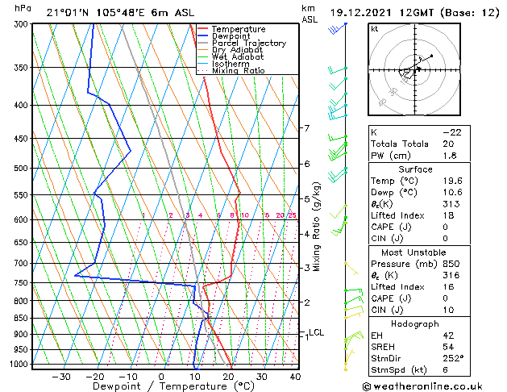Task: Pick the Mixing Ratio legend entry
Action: tap(238, 71)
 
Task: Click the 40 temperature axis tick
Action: tap(295, 377)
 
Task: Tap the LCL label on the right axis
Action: tap(316, 332)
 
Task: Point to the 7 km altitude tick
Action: tap(306, 128)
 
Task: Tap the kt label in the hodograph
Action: tap(374, 28)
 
